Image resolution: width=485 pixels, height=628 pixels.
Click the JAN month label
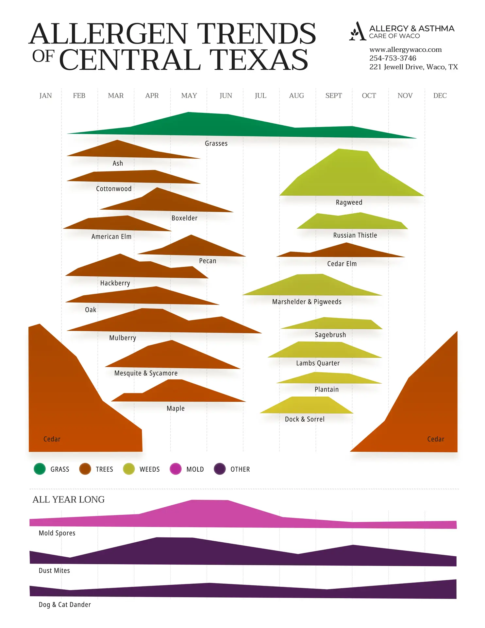(45, 96)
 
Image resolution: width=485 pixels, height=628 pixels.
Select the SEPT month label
(333, 96)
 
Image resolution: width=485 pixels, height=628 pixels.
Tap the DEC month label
(440, 96)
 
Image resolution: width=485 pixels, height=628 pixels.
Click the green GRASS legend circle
(40, 469)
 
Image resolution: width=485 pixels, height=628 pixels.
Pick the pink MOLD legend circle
(176, 469)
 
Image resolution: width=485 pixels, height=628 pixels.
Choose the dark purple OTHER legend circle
(220, 469)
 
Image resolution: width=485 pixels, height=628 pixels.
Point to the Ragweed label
(349, 202)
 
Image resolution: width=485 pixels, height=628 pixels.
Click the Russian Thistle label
(355, 235)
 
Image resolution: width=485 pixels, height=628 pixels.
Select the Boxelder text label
(184, 218)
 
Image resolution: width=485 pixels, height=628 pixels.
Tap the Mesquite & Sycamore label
(146, 373)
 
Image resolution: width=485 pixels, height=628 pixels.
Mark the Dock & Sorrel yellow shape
(307, 406)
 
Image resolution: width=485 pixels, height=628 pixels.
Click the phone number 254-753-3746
(393, 58)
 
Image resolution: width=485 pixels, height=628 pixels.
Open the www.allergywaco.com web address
(406, 50)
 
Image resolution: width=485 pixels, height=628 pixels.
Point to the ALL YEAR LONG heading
(69, 499)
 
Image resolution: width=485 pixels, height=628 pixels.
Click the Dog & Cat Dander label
(65, 604)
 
